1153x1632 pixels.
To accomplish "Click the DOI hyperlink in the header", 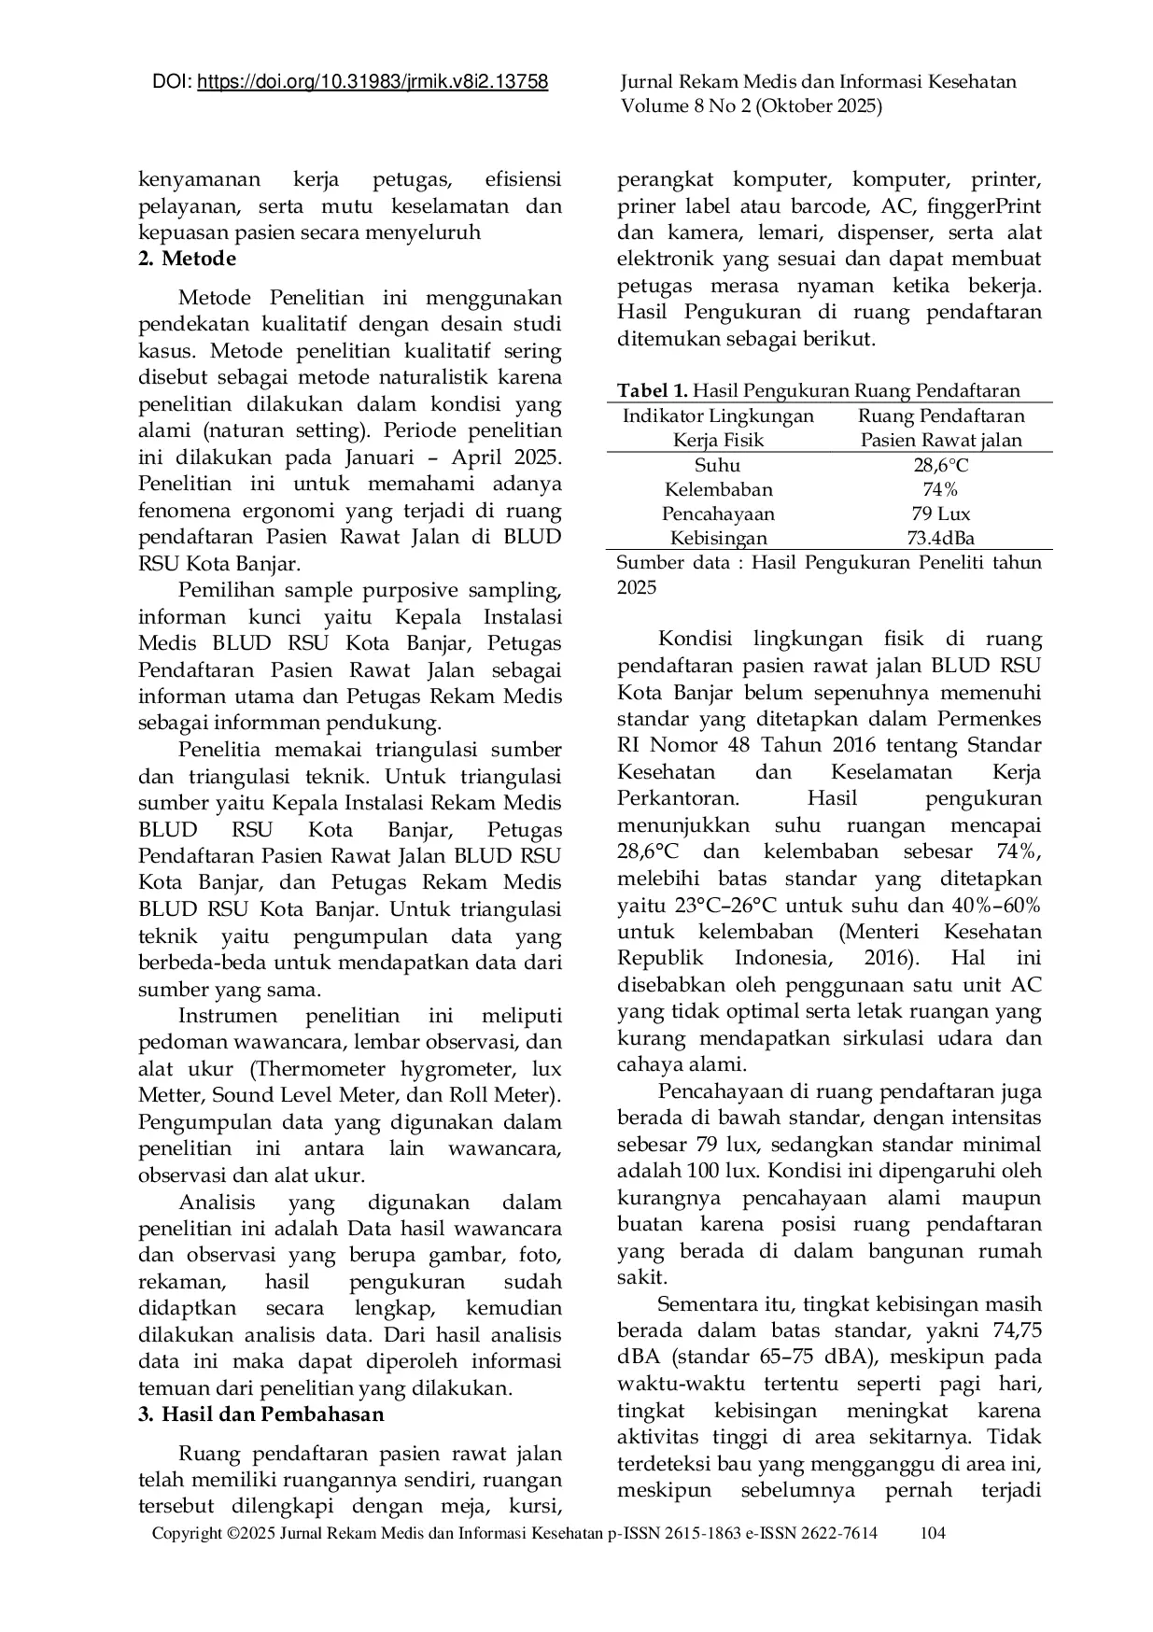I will [373, 82].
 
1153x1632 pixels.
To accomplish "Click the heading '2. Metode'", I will [187, 259].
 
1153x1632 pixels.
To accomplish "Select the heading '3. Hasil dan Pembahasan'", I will [261, 1414].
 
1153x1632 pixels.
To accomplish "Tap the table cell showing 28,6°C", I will [940, 465].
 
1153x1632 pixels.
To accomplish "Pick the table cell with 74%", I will [940, 489].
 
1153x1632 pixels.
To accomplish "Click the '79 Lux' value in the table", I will [940, 514].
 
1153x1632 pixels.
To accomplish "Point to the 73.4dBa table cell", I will [940, 538].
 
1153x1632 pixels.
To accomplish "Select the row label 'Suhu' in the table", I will [718, 465].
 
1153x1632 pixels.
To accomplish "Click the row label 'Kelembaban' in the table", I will [718, 489].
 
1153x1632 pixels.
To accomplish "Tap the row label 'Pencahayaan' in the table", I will [718, 514].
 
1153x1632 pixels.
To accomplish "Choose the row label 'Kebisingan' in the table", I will [718, 538].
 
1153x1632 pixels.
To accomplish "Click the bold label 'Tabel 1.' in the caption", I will [652, 390].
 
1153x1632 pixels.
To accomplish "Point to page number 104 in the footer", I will [933, 1533].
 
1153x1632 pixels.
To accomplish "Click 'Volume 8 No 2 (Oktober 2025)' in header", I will [751, 106].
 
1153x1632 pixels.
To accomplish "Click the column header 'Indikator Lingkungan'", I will [718, 416].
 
